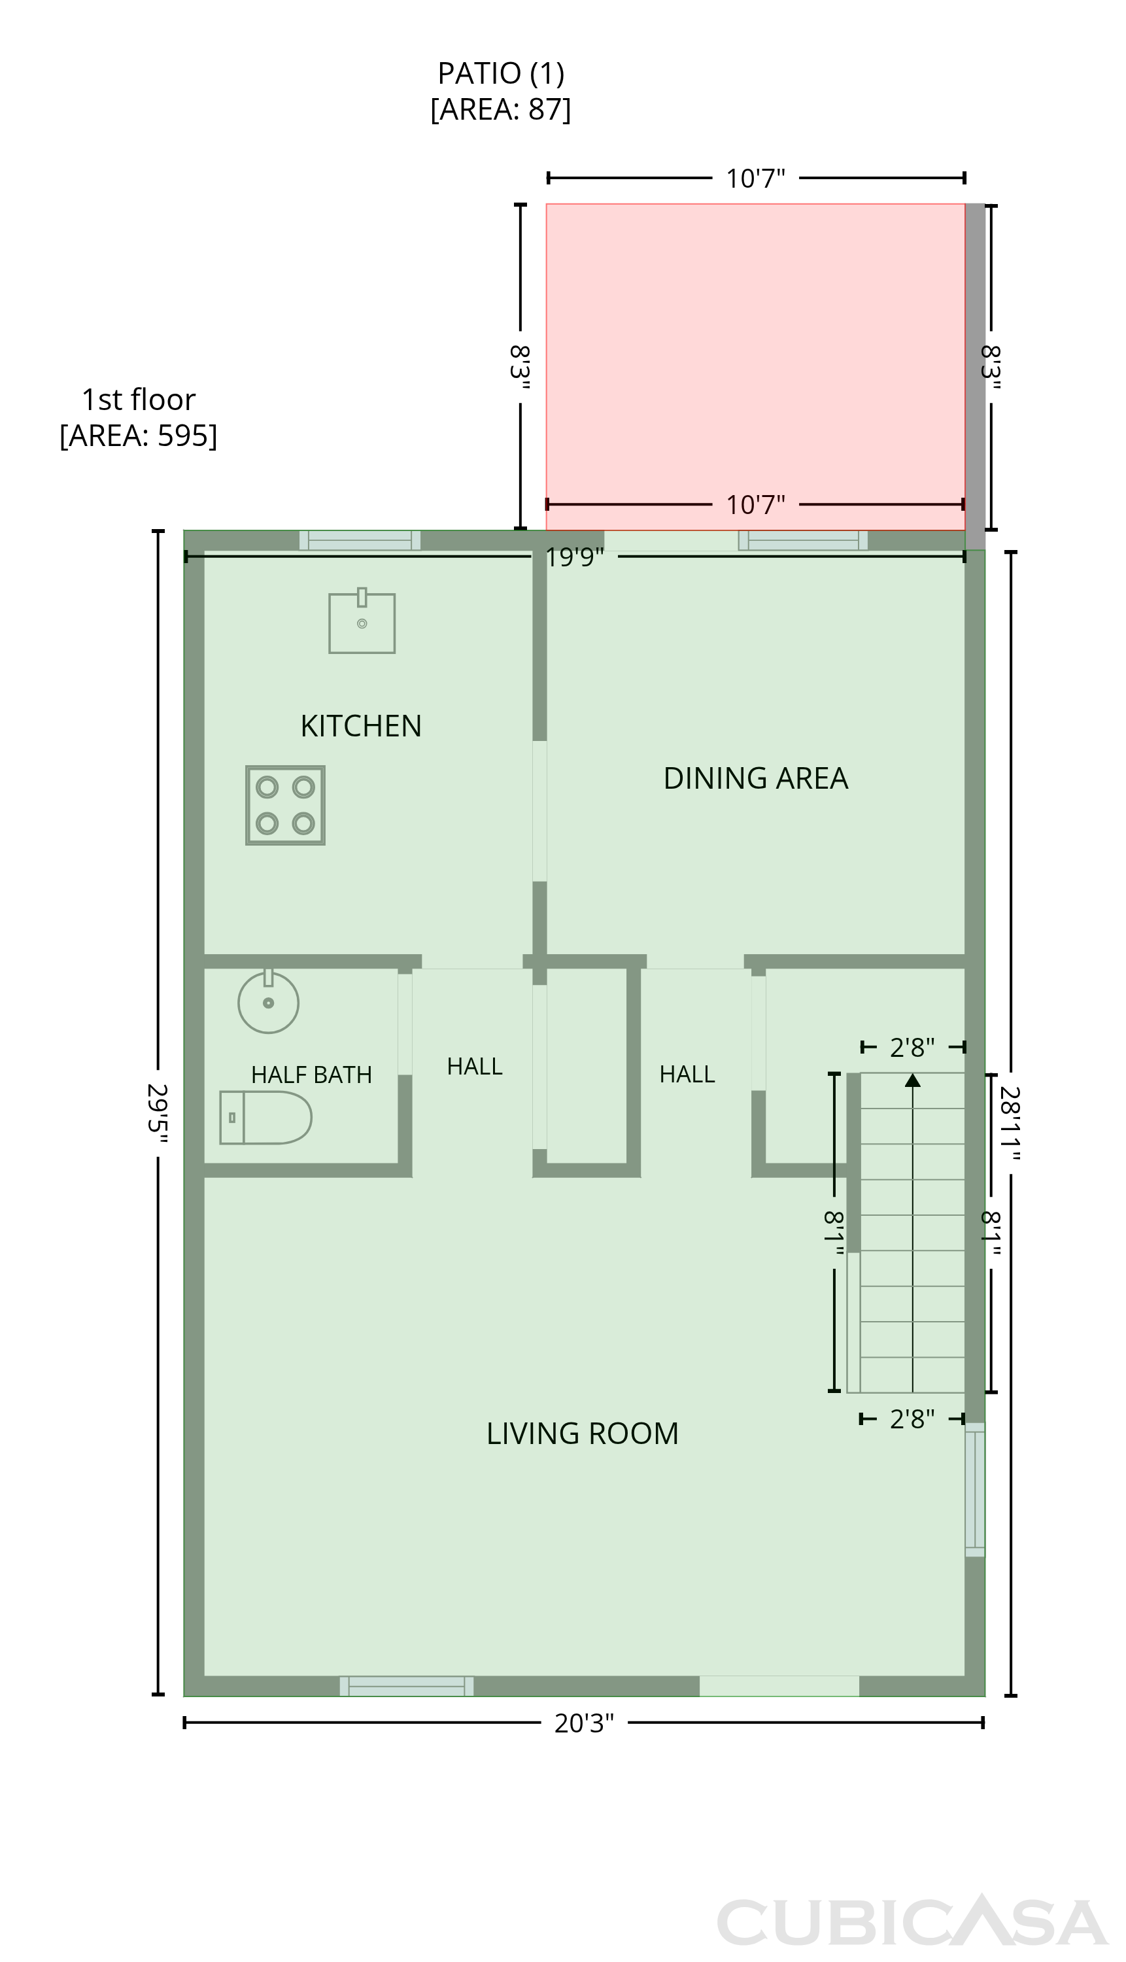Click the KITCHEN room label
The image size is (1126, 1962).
point(361,726)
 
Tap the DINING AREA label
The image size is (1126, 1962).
point(755,778)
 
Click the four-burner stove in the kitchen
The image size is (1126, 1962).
point(285,805)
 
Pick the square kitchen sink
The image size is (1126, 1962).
point(362,621)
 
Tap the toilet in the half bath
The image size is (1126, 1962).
point(265,1118)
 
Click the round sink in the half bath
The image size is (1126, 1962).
point(268,1001)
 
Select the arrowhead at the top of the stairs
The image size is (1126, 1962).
point(913,1080)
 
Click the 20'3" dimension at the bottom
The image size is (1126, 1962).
point(584,1724)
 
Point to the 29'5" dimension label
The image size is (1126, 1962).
point(157,1113)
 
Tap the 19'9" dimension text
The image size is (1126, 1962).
point(575,557)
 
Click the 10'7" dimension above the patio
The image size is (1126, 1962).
point(755,179)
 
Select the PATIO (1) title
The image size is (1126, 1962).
point(501,73)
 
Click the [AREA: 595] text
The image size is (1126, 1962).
point(139,436)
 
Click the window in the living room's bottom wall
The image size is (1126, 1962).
point(406,1686)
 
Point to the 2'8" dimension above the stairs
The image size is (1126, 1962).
point(913,1048)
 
